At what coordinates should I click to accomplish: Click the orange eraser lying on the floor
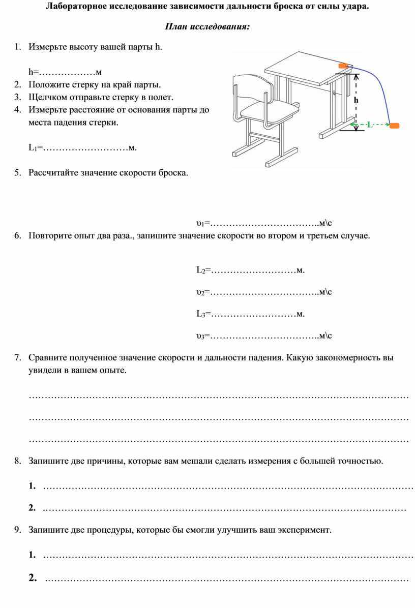click(394, 125)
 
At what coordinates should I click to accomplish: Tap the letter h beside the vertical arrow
click(357, 100)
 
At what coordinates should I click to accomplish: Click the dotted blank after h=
click(67, 71)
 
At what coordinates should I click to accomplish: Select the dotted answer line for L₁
click(85, 148)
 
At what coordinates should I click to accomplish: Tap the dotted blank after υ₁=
click(263, 224)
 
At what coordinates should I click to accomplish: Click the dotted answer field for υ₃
click(263, 336)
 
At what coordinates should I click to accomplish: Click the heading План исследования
click(207, 26)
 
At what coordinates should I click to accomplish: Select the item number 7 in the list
click(18, 358)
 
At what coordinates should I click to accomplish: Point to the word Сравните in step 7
click(47, 358)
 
